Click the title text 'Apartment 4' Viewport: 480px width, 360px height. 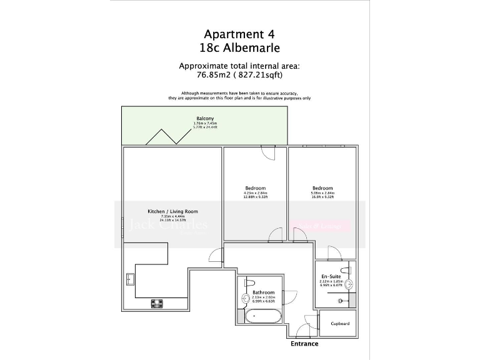pyautogui.click(x=239, y=35)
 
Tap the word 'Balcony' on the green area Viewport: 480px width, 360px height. pyautogui.click(x=205, y=118)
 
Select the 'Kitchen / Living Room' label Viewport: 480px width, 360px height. pyautogui.click(x=172, y=211)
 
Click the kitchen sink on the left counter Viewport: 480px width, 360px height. pyautogui.click(x=131, y=279)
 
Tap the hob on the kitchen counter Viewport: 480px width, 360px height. pyautogui.click(x=157, y=304)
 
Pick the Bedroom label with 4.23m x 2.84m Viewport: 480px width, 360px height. pyautogui.click(x=255, y=188)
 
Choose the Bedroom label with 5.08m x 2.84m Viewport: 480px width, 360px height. pyautogui.click(x=322, y=188)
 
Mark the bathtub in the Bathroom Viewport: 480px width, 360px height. pyautogui.click(x=262, y=316)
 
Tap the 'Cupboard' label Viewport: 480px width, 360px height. pyautogui.click(x=340, y=324)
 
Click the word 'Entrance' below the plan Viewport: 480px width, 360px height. pyautogui.click(x=304, y=344)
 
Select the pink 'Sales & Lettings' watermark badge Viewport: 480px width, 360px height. pyautogui.click(x=321, y=226)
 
